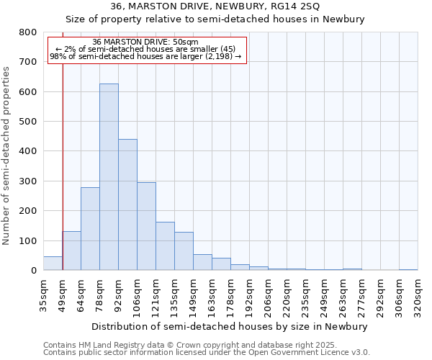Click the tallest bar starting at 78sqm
[109, 177]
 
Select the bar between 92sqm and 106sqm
[127, 204]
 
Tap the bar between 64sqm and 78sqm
[90, 229]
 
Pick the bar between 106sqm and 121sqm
[146, 226]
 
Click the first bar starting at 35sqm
[53, 264]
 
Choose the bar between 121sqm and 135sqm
[165, 246]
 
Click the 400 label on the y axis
[27, 151]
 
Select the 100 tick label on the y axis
[27, 240]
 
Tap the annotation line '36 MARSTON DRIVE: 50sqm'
[146, 42]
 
